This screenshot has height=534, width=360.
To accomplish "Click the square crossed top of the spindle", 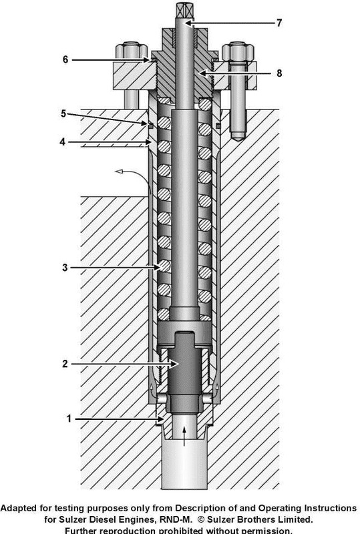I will point(183,10).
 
